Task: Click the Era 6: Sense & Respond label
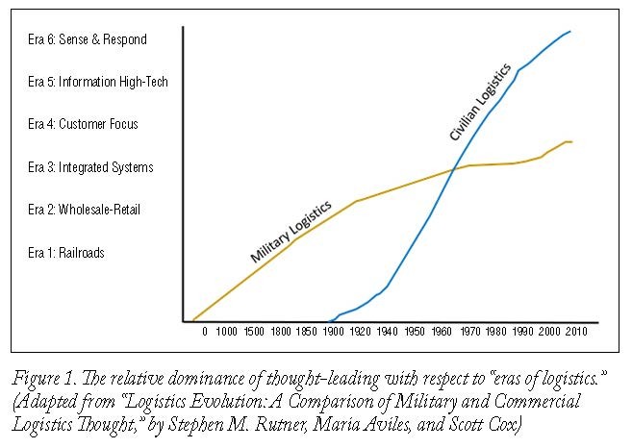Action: [88, 39]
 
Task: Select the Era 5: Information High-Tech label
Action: [98, 82]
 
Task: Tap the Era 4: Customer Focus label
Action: [84, 124]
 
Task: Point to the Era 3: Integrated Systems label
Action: [91, 167]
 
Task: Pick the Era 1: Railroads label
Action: [67, 253]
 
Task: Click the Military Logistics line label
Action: [291, 232]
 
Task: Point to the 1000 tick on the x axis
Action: [226, 332]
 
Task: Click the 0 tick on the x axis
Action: [203, 332]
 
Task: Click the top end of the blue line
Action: [570, 31]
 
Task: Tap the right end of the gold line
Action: [572, 142]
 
